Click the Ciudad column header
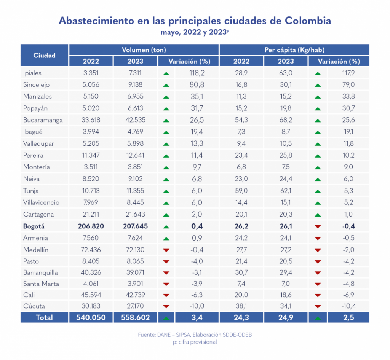point(44,55)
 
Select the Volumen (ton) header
point(144,50)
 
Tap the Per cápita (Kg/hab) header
point(294,50)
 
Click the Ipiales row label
point(32,73)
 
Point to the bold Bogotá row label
point(34,226)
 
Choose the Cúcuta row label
point(34,306)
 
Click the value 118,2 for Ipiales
point(197,73)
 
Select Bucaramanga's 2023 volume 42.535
point(135,120)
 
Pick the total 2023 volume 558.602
point(135,317)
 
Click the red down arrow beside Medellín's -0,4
point(166,250)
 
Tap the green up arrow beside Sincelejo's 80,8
point(166,85)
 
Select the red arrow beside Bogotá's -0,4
point(317,226)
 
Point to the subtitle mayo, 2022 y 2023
point(195,32)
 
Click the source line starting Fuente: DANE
point(195,335)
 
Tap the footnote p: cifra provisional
point(195,342)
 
